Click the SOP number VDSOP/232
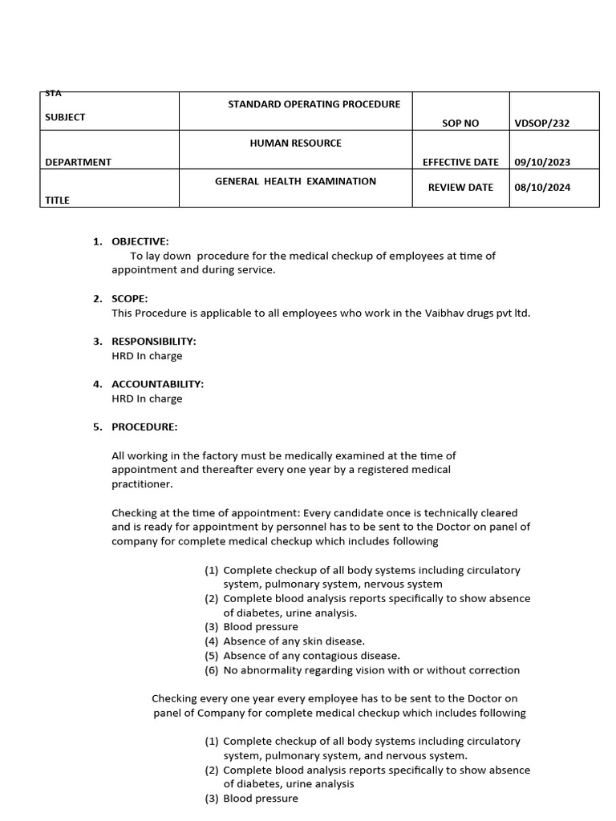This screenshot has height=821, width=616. click(542, 123)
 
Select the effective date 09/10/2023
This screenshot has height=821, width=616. click(542, 162)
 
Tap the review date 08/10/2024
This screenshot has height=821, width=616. click(542, 188)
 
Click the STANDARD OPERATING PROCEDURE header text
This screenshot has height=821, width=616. click(314, 104)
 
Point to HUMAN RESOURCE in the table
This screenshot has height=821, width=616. click(295, 143)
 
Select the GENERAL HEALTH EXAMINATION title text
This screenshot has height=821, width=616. click(295, 181)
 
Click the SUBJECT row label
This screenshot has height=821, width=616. click(65, 117)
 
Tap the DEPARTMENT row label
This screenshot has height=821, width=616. click(78, 162)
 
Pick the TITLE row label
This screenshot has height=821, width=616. click(57, 200)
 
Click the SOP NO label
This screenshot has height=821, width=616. click(460, 123)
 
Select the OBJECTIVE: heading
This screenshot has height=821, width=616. click(140, 241)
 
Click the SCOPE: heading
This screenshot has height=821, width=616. click(129, 299)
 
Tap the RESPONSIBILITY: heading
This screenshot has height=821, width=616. click(153, 342)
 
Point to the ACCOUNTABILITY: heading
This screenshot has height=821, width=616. click(157, 384)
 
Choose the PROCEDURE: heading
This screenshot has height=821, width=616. click(144, 427)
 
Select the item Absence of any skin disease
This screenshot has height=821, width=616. click(294, 641)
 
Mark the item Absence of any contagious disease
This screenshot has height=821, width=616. click(311, 655)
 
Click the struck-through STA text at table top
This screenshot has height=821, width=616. click(53, 94)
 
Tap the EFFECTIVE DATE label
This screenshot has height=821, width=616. click(460, 162)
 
